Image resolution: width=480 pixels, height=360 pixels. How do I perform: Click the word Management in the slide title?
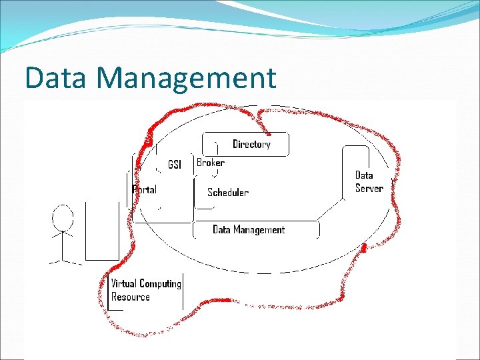(186, 78)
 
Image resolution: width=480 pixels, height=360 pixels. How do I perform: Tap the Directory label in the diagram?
(251, 144)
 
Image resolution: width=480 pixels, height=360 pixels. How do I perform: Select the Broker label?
(210, 163)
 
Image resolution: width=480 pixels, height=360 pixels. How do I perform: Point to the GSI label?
(175, 165)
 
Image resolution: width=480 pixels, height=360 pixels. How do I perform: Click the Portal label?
(145, 190)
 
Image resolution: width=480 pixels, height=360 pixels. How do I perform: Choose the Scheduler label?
(227, 193)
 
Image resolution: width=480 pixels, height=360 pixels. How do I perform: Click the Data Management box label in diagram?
(248, 230)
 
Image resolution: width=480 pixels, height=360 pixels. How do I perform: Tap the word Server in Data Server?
(369, 188)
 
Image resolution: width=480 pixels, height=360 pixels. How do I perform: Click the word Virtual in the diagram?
(124, 284)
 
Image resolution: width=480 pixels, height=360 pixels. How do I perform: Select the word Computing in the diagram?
(160, 285)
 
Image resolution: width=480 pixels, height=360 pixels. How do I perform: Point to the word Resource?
(131, 297)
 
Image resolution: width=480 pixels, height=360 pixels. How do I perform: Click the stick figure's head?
(63, 217)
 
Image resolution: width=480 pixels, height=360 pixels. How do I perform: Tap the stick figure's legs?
(63, 257)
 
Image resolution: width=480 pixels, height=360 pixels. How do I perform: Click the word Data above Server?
(364, 175)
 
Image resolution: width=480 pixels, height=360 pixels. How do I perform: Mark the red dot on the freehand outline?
(364, 249)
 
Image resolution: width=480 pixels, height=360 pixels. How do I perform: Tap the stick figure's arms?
(63, 234)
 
